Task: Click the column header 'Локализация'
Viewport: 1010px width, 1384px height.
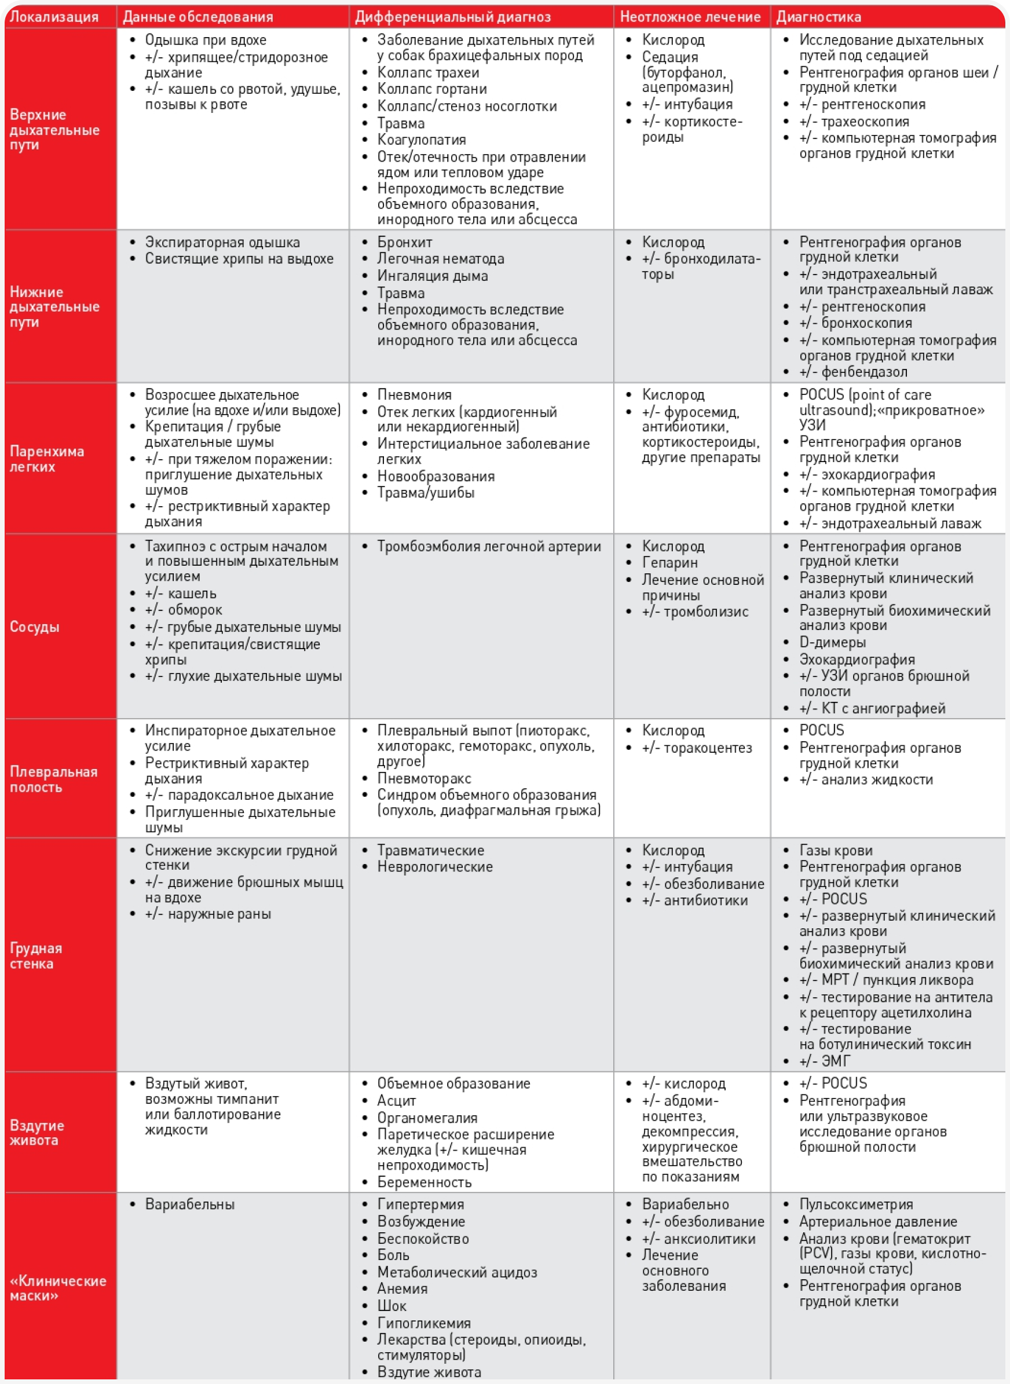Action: click(54, 17)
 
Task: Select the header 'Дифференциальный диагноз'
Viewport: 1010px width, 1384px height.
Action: click(452, 17)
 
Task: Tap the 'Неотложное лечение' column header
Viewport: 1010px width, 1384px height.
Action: click(690, 17)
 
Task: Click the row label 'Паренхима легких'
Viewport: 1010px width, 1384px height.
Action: click(46, 459)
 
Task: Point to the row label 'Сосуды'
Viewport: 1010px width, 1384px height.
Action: click(34, 627)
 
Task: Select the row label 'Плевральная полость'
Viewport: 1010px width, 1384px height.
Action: click(53, 779)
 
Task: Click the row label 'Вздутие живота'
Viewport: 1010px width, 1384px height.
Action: click(36, 1132)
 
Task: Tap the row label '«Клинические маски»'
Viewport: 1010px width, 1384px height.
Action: click(57, 1287)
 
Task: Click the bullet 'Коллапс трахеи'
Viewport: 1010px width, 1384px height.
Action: click(428, 72)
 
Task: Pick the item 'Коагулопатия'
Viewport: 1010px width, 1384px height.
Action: click(421, 140)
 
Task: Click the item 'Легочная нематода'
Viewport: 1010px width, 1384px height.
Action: click(440, 259)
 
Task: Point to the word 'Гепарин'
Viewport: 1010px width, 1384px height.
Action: click(669, 562)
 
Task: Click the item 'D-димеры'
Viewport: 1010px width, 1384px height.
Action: click(832, 642)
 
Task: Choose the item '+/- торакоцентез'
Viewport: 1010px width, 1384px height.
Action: click(696, 748)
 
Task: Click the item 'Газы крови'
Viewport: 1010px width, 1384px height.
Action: click(836, 850)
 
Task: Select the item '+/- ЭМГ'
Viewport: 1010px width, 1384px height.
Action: click(825, 1061)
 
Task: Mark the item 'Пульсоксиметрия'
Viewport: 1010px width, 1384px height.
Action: click(856, 1204)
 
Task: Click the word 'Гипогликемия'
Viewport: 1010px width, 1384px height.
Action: click(424, 1323)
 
